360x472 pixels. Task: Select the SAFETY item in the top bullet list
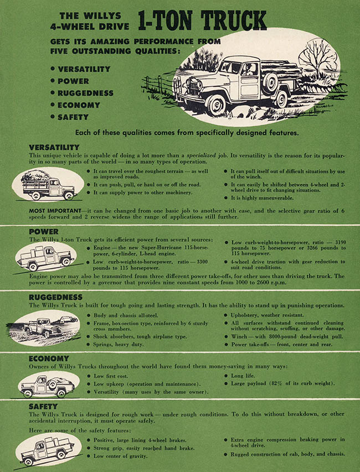(73, 117)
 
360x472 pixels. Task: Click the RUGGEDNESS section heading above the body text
(55, 297)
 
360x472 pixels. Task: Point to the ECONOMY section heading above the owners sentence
(49, 359)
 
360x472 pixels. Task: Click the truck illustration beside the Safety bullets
(46, 449)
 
